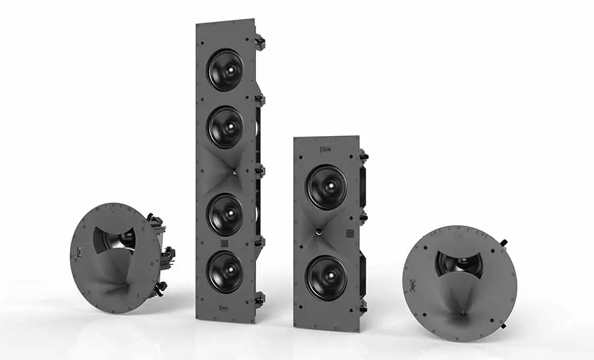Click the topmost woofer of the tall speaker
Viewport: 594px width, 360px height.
click(x=225, y=70)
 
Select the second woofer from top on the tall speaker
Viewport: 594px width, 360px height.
click(x=225, y=127)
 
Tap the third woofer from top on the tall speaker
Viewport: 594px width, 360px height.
click(x=225, y=214)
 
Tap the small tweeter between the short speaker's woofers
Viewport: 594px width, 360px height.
click(x=318, y=232)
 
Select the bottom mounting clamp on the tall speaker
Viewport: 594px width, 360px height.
click(x=260, y=299)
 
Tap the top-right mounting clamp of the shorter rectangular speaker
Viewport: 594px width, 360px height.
click(x=364, y=157)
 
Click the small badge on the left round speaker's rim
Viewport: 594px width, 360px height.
click(x=79, y=252)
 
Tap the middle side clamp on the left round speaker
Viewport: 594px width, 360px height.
click(x=168, y=252)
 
